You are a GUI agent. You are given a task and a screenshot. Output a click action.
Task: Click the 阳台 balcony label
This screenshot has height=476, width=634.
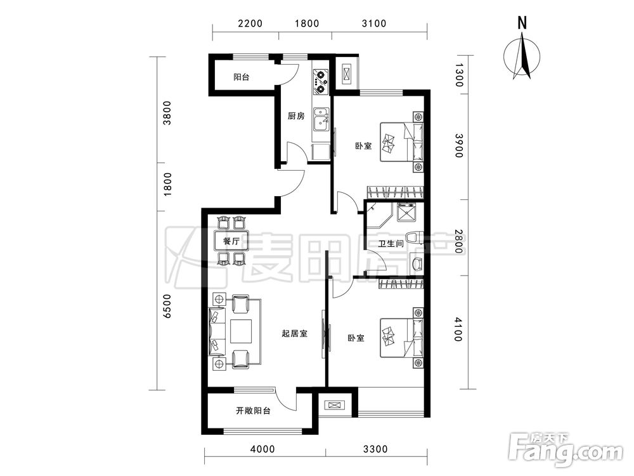pyautogui.click(x=242, y=77)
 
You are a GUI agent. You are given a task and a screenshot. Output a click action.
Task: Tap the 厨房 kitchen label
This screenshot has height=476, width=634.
pyautogui.click(x=296, y=116)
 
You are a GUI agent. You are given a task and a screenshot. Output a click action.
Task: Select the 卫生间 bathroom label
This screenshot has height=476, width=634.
pyautogui.click(x=391, y=244)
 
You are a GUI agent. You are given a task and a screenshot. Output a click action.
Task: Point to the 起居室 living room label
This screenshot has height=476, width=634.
pyautogui.click(x=294, y=334)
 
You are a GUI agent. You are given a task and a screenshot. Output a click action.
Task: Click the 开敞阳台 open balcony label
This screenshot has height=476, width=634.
pyautogui.click(x=253, y=411)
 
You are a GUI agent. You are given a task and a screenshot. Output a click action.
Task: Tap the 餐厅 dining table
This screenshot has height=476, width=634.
pyautogui.click(x=231, y=241)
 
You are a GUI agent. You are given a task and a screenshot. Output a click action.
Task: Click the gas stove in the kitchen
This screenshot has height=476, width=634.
pyautogui.click(x=321, y=81)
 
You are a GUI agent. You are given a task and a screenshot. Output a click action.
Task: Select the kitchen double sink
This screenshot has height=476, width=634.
pyautogui.click(x=321, y=119)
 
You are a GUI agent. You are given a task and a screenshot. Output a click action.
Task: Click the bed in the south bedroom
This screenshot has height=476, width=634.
pyautogui.click(x=402, y=337)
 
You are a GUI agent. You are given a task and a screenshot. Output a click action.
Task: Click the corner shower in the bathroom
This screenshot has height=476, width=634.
pyautogui.click(x=378, y=216)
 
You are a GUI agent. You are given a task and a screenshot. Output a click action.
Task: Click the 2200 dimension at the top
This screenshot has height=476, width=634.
pyautogui.click(x=250, y=23)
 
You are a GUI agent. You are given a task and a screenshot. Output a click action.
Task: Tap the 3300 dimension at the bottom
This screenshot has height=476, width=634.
pyautogui.click(x=375, y=449)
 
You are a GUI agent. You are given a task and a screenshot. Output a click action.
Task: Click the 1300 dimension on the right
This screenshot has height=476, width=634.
pyautogui.click(x=458, y=76)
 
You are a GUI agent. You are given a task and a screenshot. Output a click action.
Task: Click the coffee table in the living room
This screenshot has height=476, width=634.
pyautogui.click(x=241, y=331)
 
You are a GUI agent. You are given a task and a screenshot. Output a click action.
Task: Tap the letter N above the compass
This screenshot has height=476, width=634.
pyautogui.click(x=522, y=23)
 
